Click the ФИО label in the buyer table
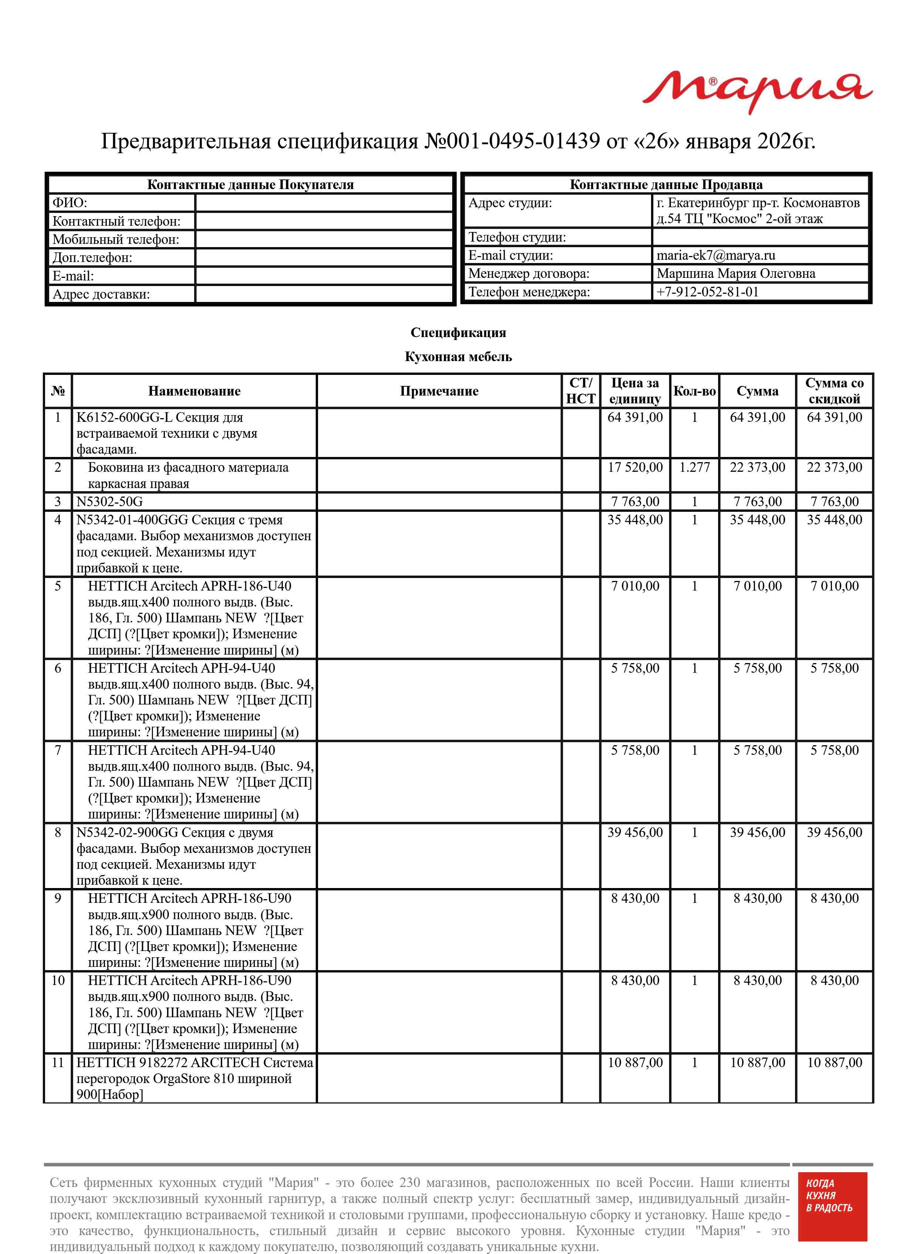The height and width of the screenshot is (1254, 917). tap(70, 203)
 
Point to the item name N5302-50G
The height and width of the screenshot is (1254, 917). tap(109, 501)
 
